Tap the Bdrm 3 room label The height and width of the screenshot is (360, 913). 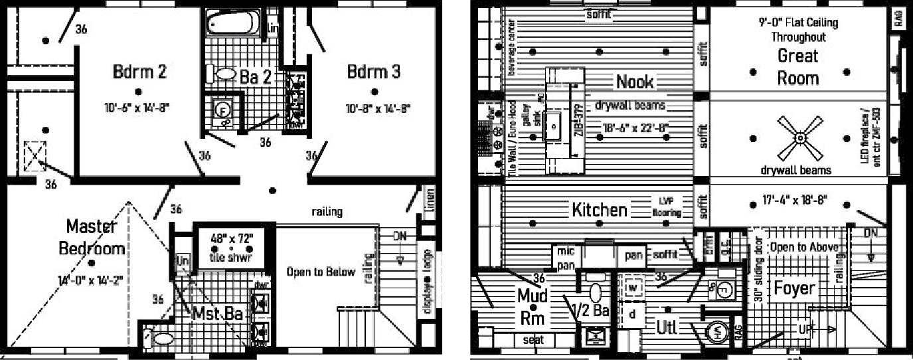[x=374, y=72]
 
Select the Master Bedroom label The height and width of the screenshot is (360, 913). [x=92, y=238]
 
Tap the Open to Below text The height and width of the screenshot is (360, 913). [x=321, y=272]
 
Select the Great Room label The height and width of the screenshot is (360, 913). [x=798, y=66]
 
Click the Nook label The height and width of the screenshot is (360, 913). [x=635, y=82]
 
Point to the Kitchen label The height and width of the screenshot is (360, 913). [x=599, y=211]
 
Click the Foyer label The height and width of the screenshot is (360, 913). [x=794, y=288]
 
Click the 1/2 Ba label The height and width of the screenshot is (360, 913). [x=591, y=310]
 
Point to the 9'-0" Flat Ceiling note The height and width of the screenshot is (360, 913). [x=798, y=29]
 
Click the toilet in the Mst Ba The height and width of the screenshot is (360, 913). [x=159, y=338]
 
